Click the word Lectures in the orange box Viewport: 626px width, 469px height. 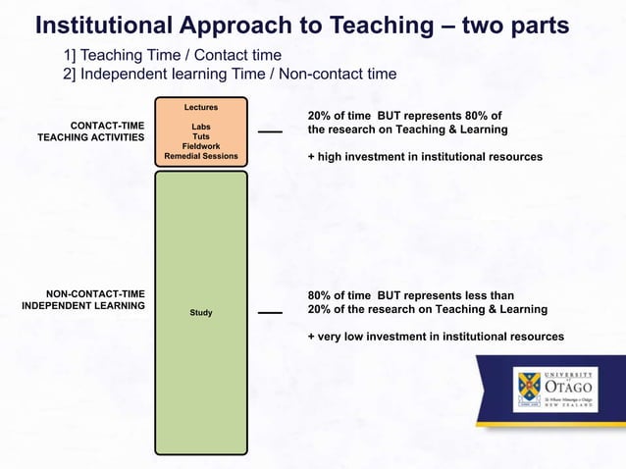(200, 106)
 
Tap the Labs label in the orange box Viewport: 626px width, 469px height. (200, 127)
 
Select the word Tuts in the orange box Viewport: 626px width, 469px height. (200, 136)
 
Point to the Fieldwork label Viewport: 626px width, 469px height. (200, 146)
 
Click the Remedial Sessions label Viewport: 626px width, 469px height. (200, 156)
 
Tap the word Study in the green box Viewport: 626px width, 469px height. (200, 313)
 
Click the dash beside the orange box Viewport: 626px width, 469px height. (270, 132)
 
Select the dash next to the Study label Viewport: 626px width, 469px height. (270, 313)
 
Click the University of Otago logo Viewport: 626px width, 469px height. (553, 391)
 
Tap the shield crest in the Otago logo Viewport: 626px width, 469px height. (528, 391)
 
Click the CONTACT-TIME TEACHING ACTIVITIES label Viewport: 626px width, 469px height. (91, 131)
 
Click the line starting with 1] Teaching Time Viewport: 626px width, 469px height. (173, 56)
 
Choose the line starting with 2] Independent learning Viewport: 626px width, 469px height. (230, 74)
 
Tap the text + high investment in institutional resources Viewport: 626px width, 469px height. (425, 156)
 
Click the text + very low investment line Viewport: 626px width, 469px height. (436, 337)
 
